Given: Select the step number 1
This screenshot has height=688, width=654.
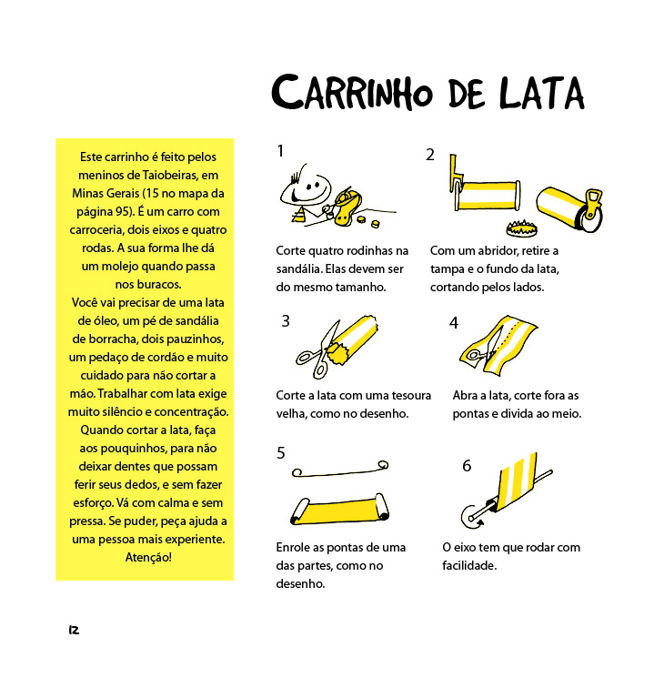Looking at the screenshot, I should (281, 151).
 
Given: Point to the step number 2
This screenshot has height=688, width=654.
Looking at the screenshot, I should (430, 155).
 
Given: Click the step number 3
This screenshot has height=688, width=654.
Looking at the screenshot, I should (286, 320).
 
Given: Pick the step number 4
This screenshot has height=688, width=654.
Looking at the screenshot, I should (453, 323).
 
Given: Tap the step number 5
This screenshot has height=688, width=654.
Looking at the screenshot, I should (281, 452).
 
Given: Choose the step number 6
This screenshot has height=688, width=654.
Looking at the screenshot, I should (467, 465).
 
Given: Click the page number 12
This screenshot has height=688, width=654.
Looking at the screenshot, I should (73, 630).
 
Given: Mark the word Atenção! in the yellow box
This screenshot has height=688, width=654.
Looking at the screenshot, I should (147, 557).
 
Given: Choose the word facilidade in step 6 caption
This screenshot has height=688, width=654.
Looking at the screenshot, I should (469, 565).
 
